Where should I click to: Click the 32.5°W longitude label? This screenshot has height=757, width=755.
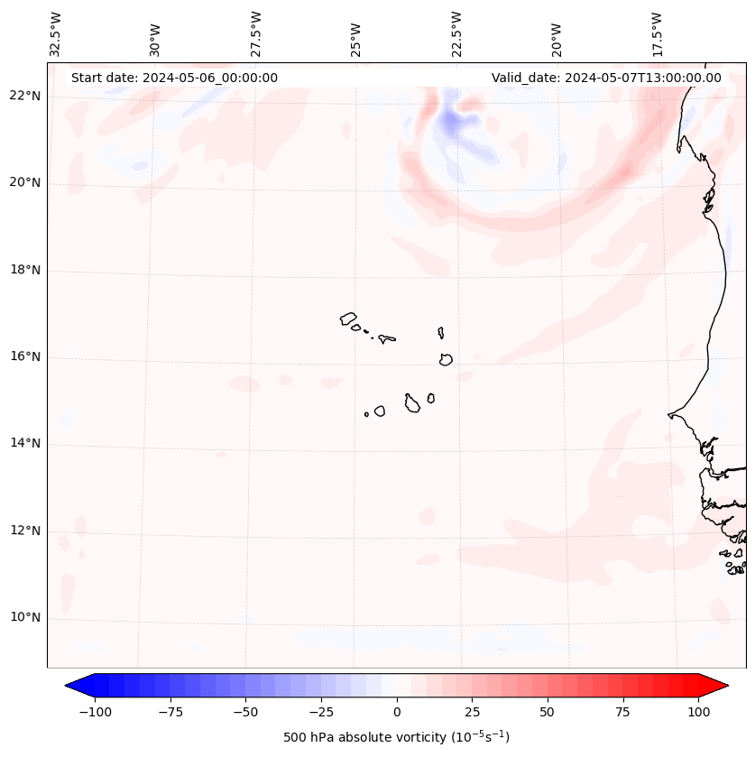(56, 33)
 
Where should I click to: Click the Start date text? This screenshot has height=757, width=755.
(174, 78)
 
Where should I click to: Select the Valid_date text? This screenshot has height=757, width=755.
(606, 78)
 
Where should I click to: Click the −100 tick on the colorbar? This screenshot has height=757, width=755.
(95, 712)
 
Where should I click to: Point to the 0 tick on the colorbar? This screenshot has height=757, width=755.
(397, 712)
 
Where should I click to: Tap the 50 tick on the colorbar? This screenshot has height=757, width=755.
(548, 712)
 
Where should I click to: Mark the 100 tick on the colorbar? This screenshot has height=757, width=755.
(698, 712)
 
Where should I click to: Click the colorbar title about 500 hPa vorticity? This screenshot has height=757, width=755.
(396, 737)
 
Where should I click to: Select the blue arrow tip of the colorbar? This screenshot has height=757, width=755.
(78, 687)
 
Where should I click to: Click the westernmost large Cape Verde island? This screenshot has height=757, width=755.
(349, 318)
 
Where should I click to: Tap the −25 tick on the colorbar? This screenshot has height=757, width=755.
(321, 712)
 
